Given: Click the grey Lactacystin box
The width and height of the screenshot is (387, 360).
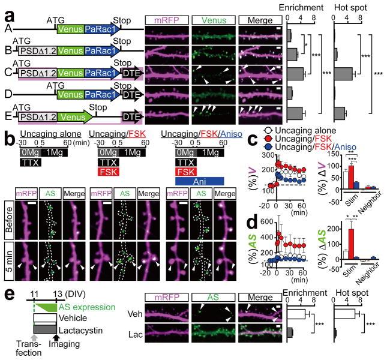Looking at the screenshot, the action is coord(53,329).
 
